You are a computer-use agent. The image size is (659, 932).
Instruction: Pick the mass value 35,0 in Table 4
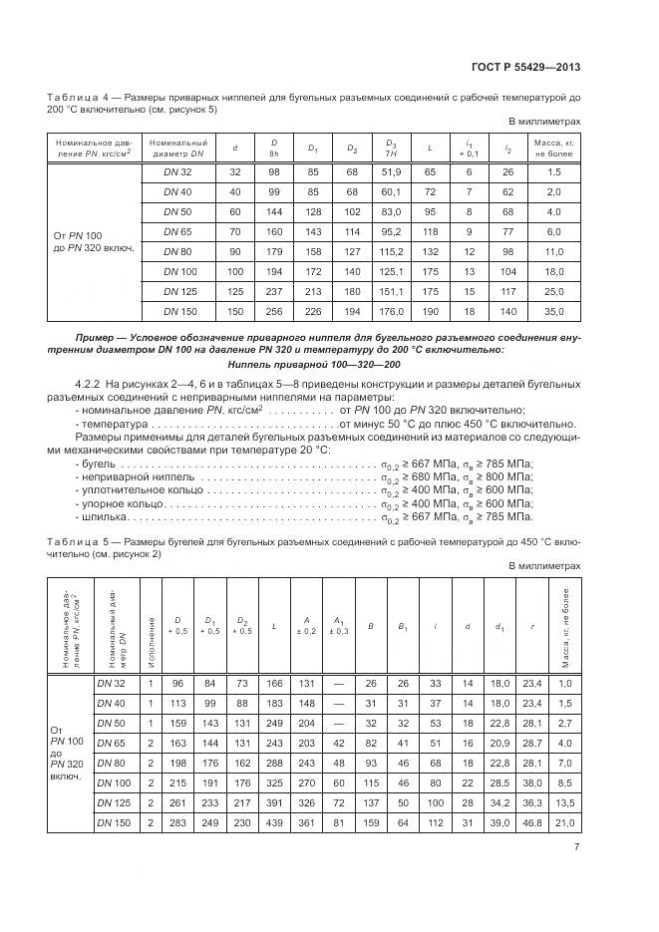click(554, 312)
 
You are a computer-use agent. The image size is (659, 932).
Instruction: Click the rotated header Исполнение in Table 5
click(152, 629)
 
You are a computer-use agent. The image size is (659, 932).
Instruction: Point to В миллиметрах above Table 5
click(544, 565)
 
